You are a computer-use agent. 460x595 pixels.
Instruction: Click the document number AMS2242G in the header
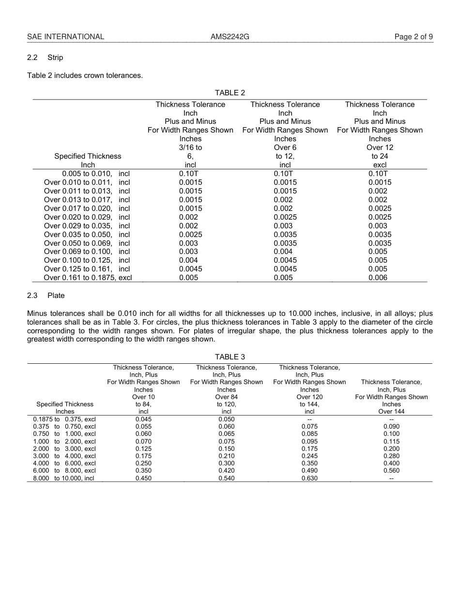click(230, 37)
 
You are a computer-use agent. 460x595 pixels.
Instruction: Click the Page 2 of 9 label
click(414, 37)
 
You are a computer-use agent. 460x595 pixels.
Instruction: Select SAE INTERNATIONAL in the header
click(65, 37)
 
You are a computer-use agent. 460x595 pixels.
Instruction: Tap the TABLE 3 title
click(230, 357)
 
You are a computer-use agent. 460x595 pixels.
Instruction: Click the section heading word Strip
click(55, 58)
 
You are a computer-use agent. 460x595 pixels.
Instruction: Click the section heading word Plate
click(56, 296)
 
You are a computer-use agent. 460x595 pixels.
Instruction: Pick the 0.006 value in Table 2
click(378, 278)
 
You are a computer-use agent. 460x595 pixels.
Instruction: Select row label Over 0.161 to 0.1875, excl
click(88, 278)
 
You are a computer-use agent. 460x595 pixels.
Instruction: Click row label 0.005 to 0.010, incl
click(96, 174)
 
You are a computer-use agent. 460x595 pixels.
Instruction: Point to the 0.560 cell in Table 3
click(391, 471)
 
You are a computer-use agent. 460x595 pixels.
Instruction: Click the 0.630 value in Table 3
click(309, 478)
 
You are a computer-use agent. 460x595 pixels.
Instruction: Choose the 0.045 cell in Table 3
click(143, 419)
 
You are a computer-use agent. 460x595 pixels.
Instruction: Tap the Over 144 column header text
click(391, 412)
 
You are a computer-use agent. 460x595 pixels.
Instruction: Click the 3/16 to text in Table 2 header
click(190, 148)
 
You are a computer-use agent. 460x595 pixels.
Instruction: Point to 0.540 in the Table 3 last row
click(226, 478)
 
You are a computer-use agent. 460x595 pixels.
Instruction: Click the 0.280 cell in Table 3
click(391, 456)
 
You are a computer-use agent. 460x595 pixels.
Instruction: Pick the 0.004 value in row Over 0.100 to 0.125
click(188, 260)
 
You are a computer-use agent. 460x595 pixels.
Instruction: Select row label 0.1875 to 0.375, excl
click(64, 419)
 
